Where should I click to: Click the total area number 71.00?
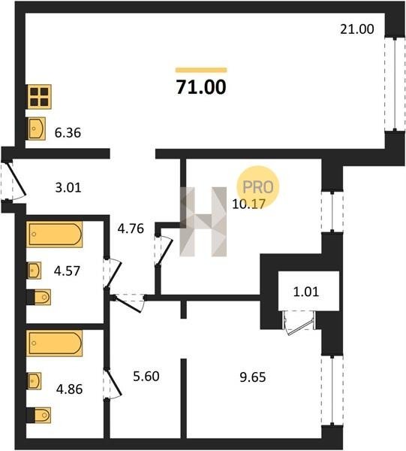click(x=201, y=87)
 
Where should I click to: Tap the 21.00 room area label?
click(x=357, y=29)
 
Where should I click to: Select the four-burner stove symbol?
click(x=40, y=97)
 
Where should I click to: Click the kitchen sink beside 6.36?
click(x=37, y=129)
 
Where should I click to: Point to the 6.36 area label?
click(x=68, y=133)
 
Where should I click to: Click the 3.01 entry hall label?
click(x=68, y=187)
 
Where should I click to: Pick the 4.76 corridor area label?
click(x=131, y=229)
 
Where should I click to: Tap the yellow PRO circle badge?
click(x=257, y=187)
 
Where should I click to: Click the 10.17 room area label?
click(x=248, y=204)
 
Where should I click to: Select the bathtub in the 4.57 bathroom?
click(x=55, y=234)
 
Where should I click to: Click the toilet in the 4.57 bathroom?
click(x=39, y=297)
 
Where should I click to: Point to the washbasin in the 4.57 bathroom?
click(x=35, y=271)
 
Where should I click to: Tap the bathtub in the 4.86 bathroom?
click(x=55, y=344)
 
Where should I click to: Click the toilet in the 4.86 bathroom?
click(x=39, y=416)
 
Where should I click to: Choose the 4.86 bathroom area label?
click(x=69, y=389)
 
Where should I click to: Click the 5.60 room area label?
click(x=146, y=377)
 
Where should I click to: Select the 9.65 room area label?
click(x=253, y=377)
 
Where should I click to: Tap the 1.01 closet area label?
click(x=306, y=292)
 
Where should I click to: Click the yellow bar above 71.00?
click(x=201, y=70)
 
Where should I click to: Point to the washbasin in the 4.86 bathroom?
click(x=35, y=381)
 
